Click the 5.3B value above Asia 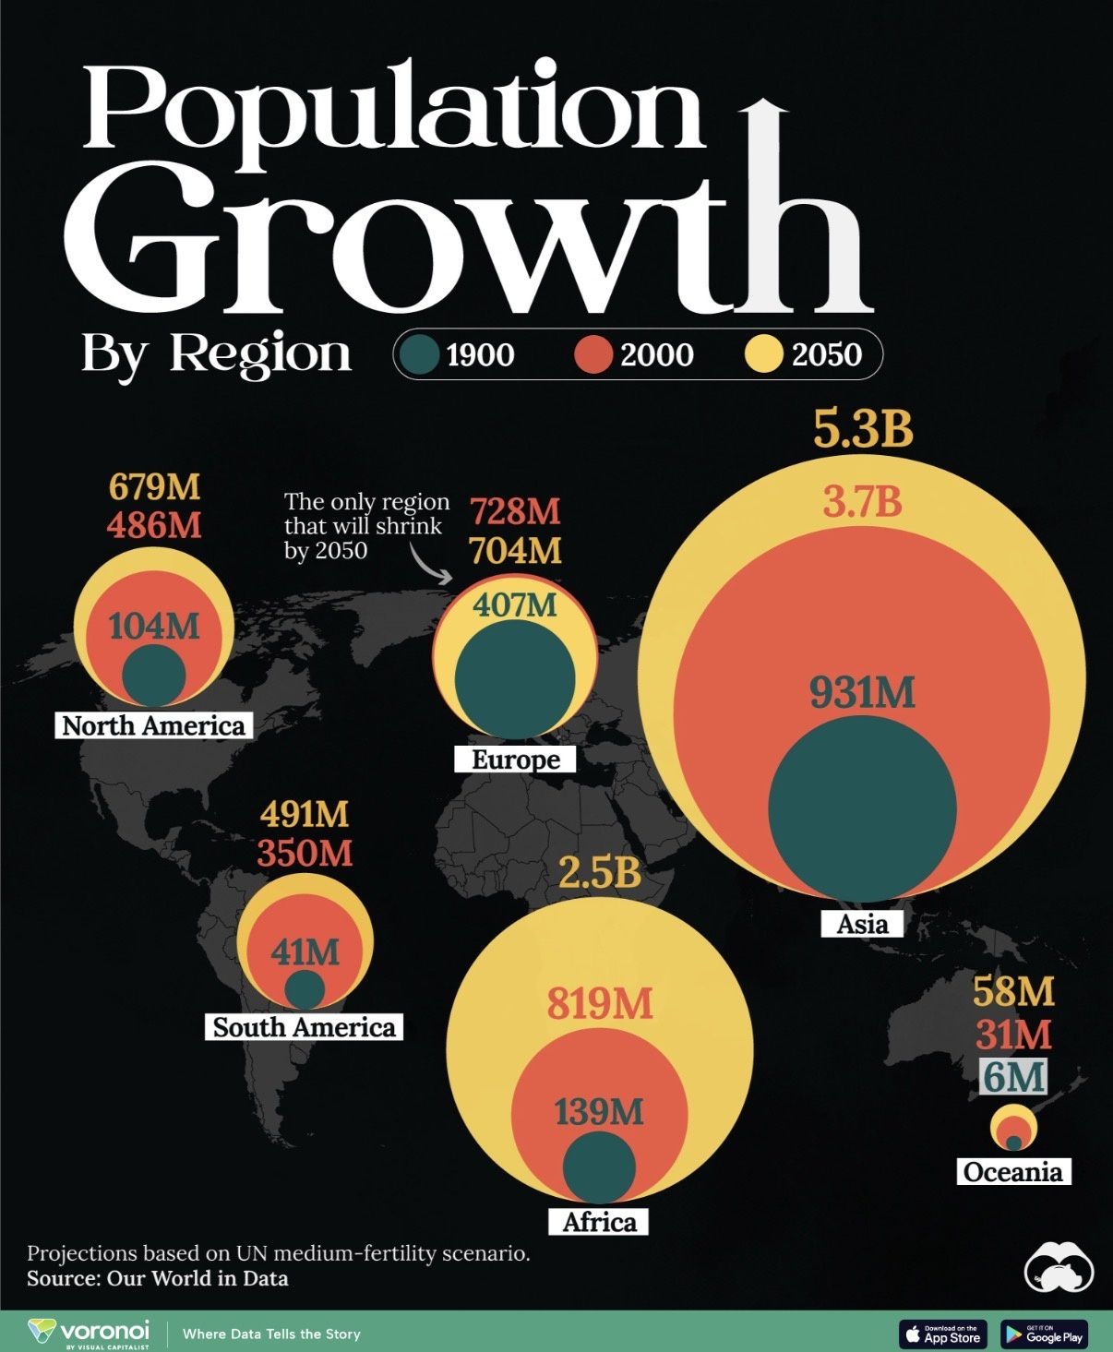click(x=863, y=429)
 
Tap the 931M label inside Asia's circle click(x=862, y=693)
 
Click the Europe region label click(x=516, y=760)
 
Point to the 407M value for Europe click(x=516, y=604)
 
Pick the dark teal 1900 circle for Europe click(x=515, y=679)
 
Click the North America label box click(x=154, y=725)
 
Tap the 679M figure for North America click(x=154, y=486)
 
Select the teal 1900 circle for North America click(x=154, y=676)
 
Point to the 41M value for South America click(x=305, y=951)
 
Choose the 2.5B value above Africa click(x=600, y=872)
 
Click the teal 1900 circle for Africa click(x=600, y=1167)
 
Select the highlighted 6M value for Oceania click(x=1013, y=1076)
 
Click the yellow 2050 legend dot click(x=763, y=353)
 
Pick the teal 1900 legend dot click(x=419, y=353)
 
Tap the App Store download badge click(x=942, y=1334)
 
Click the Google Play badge click(x=1045, y=1334)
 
